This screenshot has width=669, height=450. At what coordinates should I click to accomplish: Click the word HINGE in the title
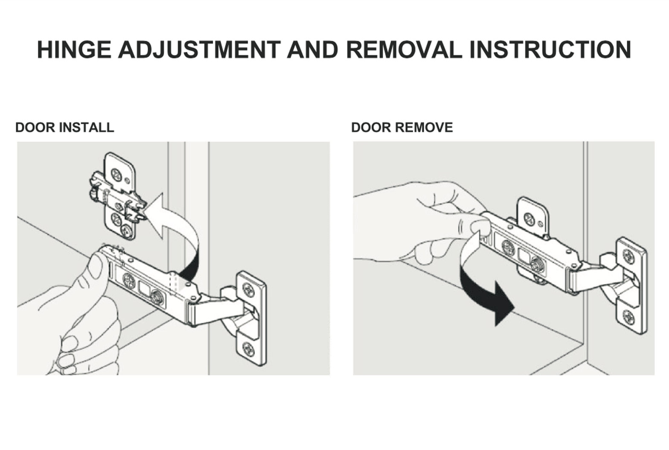[74, 50]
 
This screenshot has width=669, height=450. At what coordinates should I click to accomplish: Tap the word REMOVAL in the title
[404, 50]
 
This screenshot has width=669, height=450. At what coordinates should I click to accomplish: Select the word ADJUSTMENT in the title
[200, 50]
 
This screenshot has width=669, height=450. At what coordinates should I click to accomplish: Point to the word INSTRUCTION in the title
[550, 50]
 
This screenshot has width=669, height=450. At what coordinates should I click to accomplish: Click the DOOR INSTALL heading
[64, 127]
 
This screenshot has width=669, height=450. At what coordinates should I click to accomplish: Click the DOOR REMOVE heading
[402, 127]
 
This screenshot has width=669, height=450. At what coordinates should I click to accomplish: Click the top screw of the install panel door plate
[248, 289]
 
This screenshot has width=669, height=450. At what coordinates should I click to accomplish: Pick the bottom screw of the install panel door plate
[249, 349]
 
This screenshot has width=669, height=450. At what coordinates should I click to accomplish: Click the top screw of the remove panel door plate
[628, 256]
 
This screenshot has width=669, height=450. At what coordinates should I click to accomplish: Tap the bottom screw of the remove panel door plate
[628, 317]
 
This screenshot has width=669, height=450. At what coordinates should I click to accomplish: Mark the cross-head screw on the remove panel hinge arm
[508, 247]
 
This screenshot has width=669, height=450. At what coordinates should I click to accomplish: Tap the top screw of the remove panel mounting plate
[529, 219]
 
